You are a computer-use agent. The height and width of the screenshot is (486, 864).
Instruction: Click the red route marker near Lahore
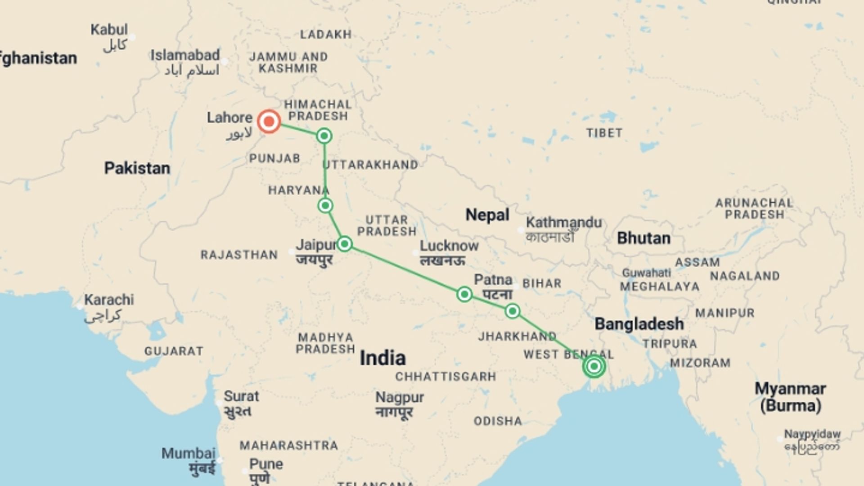pos(269,121)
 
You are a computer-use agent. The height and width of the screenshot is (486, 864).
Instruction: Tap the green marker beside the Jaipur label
pos(345,244)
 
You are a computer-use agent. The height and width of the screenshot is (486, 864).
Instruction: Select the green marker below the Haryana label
pos(325,206)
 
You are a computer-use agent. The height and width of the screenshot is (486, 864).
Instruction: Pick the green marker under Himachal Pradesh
pos(324,136)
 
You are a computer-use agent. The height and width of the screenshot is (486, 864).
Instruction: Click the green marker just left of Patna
pos(464,294)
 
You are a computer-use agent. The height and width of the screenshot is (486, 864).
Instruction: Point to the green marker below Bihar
pos(512,311)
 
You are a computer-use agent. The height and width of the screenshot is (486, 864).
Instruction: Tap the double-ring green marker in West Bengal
pos(594,366)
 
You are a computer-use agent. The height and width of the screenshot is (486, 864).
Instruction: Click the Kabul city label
pos(109,30)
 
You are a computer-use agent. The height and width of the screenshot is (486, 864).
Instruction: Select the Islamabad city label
pos(185,55)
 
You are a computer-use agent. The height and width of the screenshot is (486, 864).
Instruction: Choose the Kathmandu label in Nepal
pos(563,223)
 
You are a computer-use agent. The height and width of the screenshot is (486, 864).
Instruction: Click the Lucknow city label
pos(449,246)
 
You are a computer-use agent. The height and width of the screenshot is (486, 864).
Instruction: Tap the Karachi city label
pos(109,300)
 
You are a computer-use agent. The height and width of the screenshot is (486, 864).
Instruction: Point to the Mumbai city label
pos(189,454)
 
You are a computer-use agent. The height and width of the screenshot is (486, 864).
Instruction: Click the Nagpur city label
pos(400,398)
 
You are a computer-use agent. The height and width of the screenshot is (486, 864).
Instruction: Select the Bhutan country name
pos(643,238)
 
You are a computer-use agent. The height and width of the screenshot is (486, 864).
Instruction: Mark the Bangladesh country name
pos(639,324)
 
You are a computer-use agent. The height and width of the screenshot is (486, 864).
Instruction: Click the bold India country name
pos(382,358)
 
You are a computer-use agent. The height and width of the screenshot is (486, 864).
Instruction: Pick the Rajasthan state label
pos(239,255)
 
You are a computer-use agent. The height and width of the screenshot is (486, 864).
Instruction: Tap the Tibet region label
pos(604,133)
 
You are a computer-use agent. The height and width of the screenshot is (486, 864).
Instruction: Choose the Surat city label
pos(241,396)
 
